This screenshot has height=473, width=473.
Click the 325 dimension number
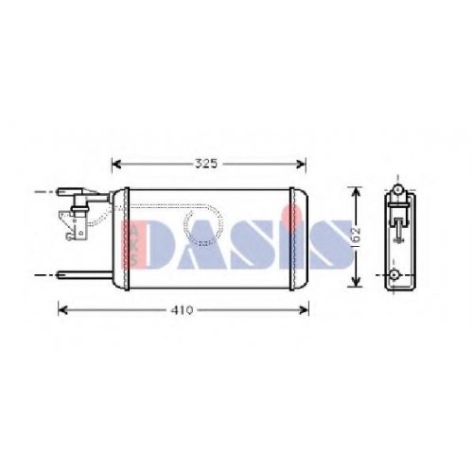tap(206, 164)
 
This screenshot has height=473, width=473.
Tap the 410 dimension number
tap(182, 310)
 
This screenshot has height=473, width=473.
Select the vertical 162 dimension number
tap(356, 236)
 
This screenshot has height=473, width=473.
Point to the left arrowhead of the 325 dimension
tap(116, 164)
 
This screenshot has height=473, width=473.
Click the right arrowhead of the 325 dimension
tap(301, 164)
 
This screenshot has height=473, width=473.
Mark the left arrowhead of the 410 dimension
tap(63, 310)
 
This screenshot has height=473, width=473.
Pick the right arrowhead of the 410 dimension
tap(304, 310)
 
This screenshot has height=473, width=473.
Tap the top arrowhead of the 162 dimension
tap(356, 192)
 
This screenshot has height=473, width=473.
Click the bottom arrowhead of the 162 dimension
tap(356, 282)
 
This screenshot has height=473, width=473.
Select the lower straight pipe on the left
tap(84, 275)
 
